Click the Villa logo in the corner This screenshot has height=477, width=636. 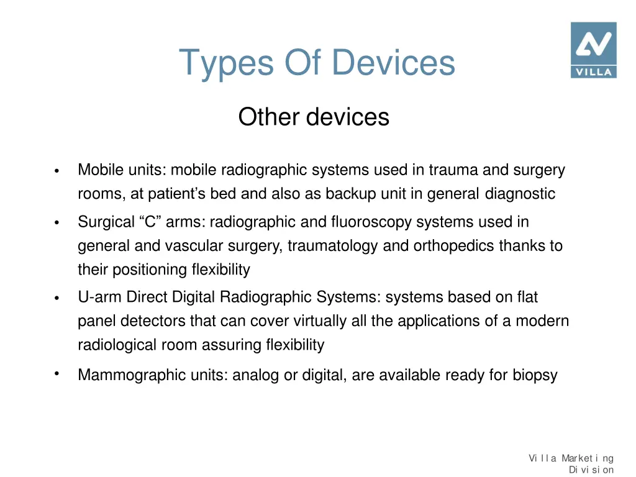click(593, 50)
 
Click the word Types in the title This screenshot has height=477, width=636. click(226, 63)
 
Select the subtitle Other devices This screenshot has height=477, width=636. click(314, 117)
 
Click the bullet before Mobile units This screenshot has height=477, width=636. click(57, 171)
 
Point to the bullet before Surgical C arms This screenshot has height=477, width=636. click(57, 223)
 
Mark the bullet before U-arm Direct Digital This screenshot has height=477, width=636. click(57, 299)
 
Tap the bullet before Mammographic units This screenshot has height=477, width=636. click(57, 374)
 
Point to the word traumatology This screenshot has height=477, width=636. click(332, 246)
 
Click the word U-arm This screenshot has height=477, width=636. click(100, 298)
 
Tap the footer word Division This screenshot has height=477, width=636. click(591, 470)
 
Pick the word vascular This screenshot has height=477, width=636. click(194, 246)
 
